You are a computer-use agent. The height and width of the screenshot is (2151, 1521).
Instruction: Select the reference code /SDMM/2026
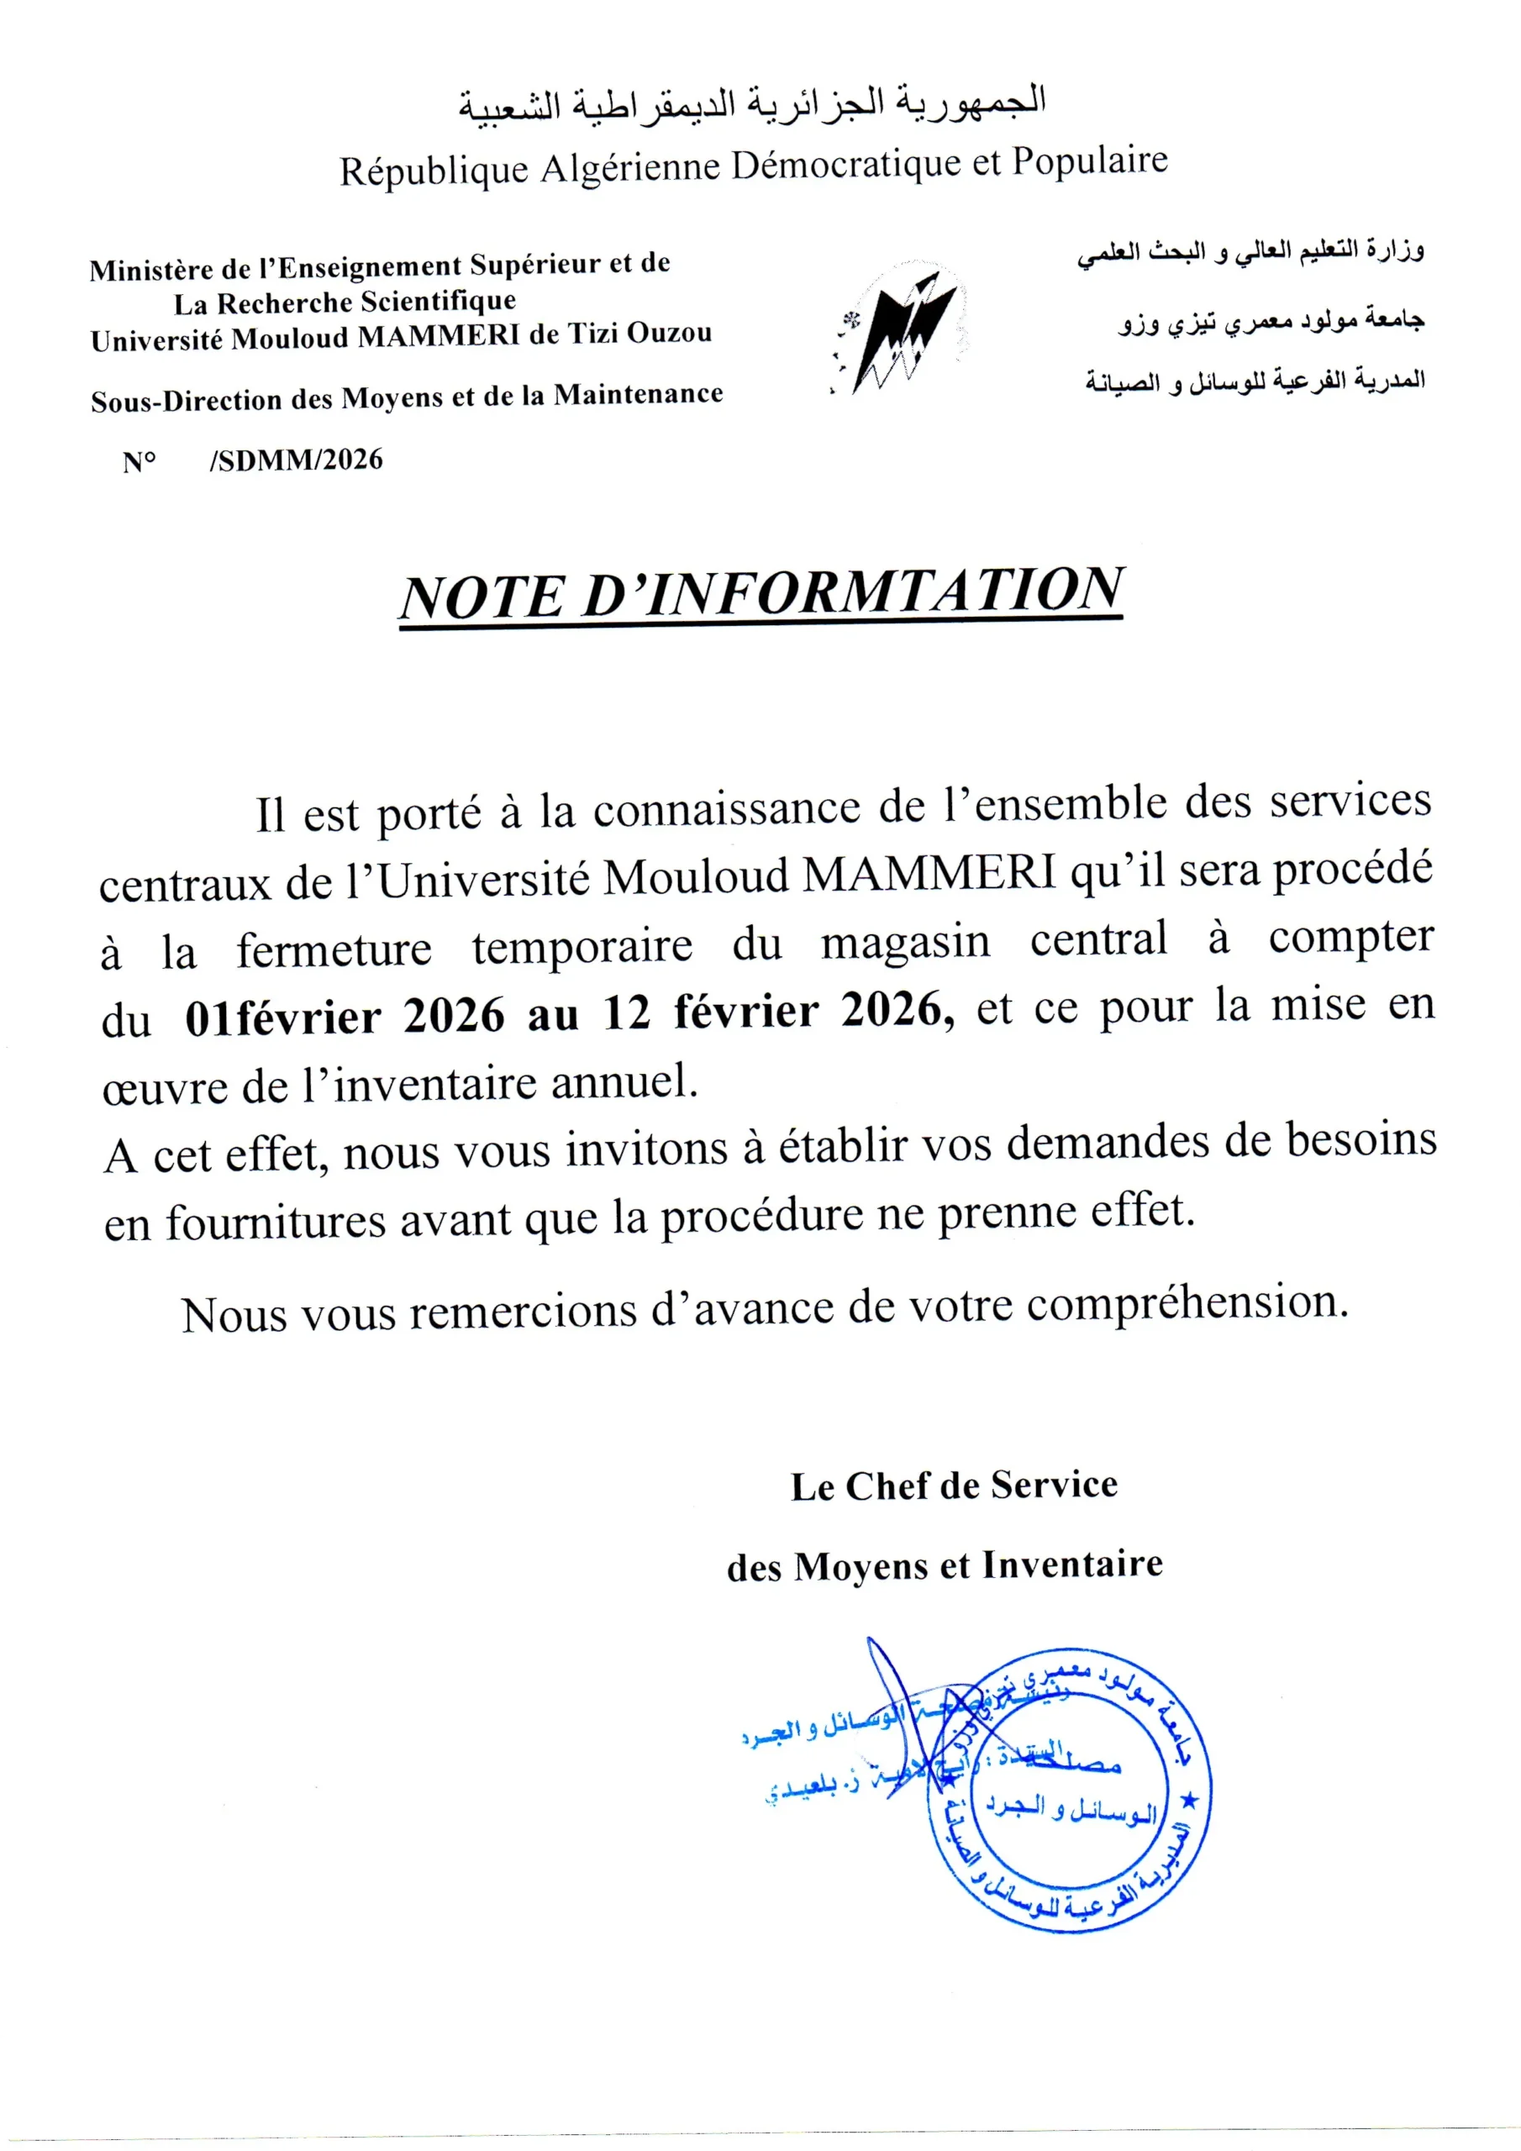[x=296, y=460]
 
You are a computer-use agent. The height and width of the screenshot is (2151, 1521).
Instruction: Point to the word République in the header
[x=433, y=171]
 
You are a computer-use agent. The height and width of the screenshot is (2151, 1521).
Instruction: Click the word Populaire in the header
[x=1089, y=160]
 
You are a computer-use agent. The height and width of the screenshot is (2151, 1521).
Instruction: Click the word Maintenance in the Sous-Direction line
[x=638, y=394]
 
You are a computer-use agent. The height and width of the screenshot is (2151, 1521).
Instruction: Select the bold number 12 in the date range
[x=627, y=1012]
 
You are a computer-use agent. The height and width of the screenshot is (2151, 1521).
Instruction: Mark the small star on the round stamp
[x=1191, y=1800]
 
